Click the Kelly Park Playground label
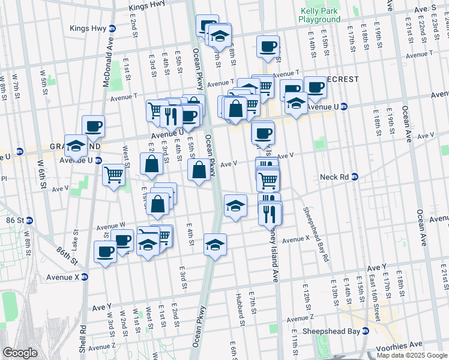click(x=319, y=15)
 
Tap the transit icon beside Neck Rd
click(x=355, y=177)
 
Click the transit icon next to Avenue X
click(x=85, y=277)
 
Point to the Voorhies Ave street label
click(x=405, y=345)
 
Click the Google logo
click(x=20, y=353)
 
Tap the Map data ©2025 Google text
click(x=412, y=355)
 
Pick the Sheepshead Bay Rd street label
click(x=316, y=233)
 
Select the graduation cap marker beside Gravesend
click(x=76, y=146)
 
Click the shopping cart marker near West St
click(x=113, y=175)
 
